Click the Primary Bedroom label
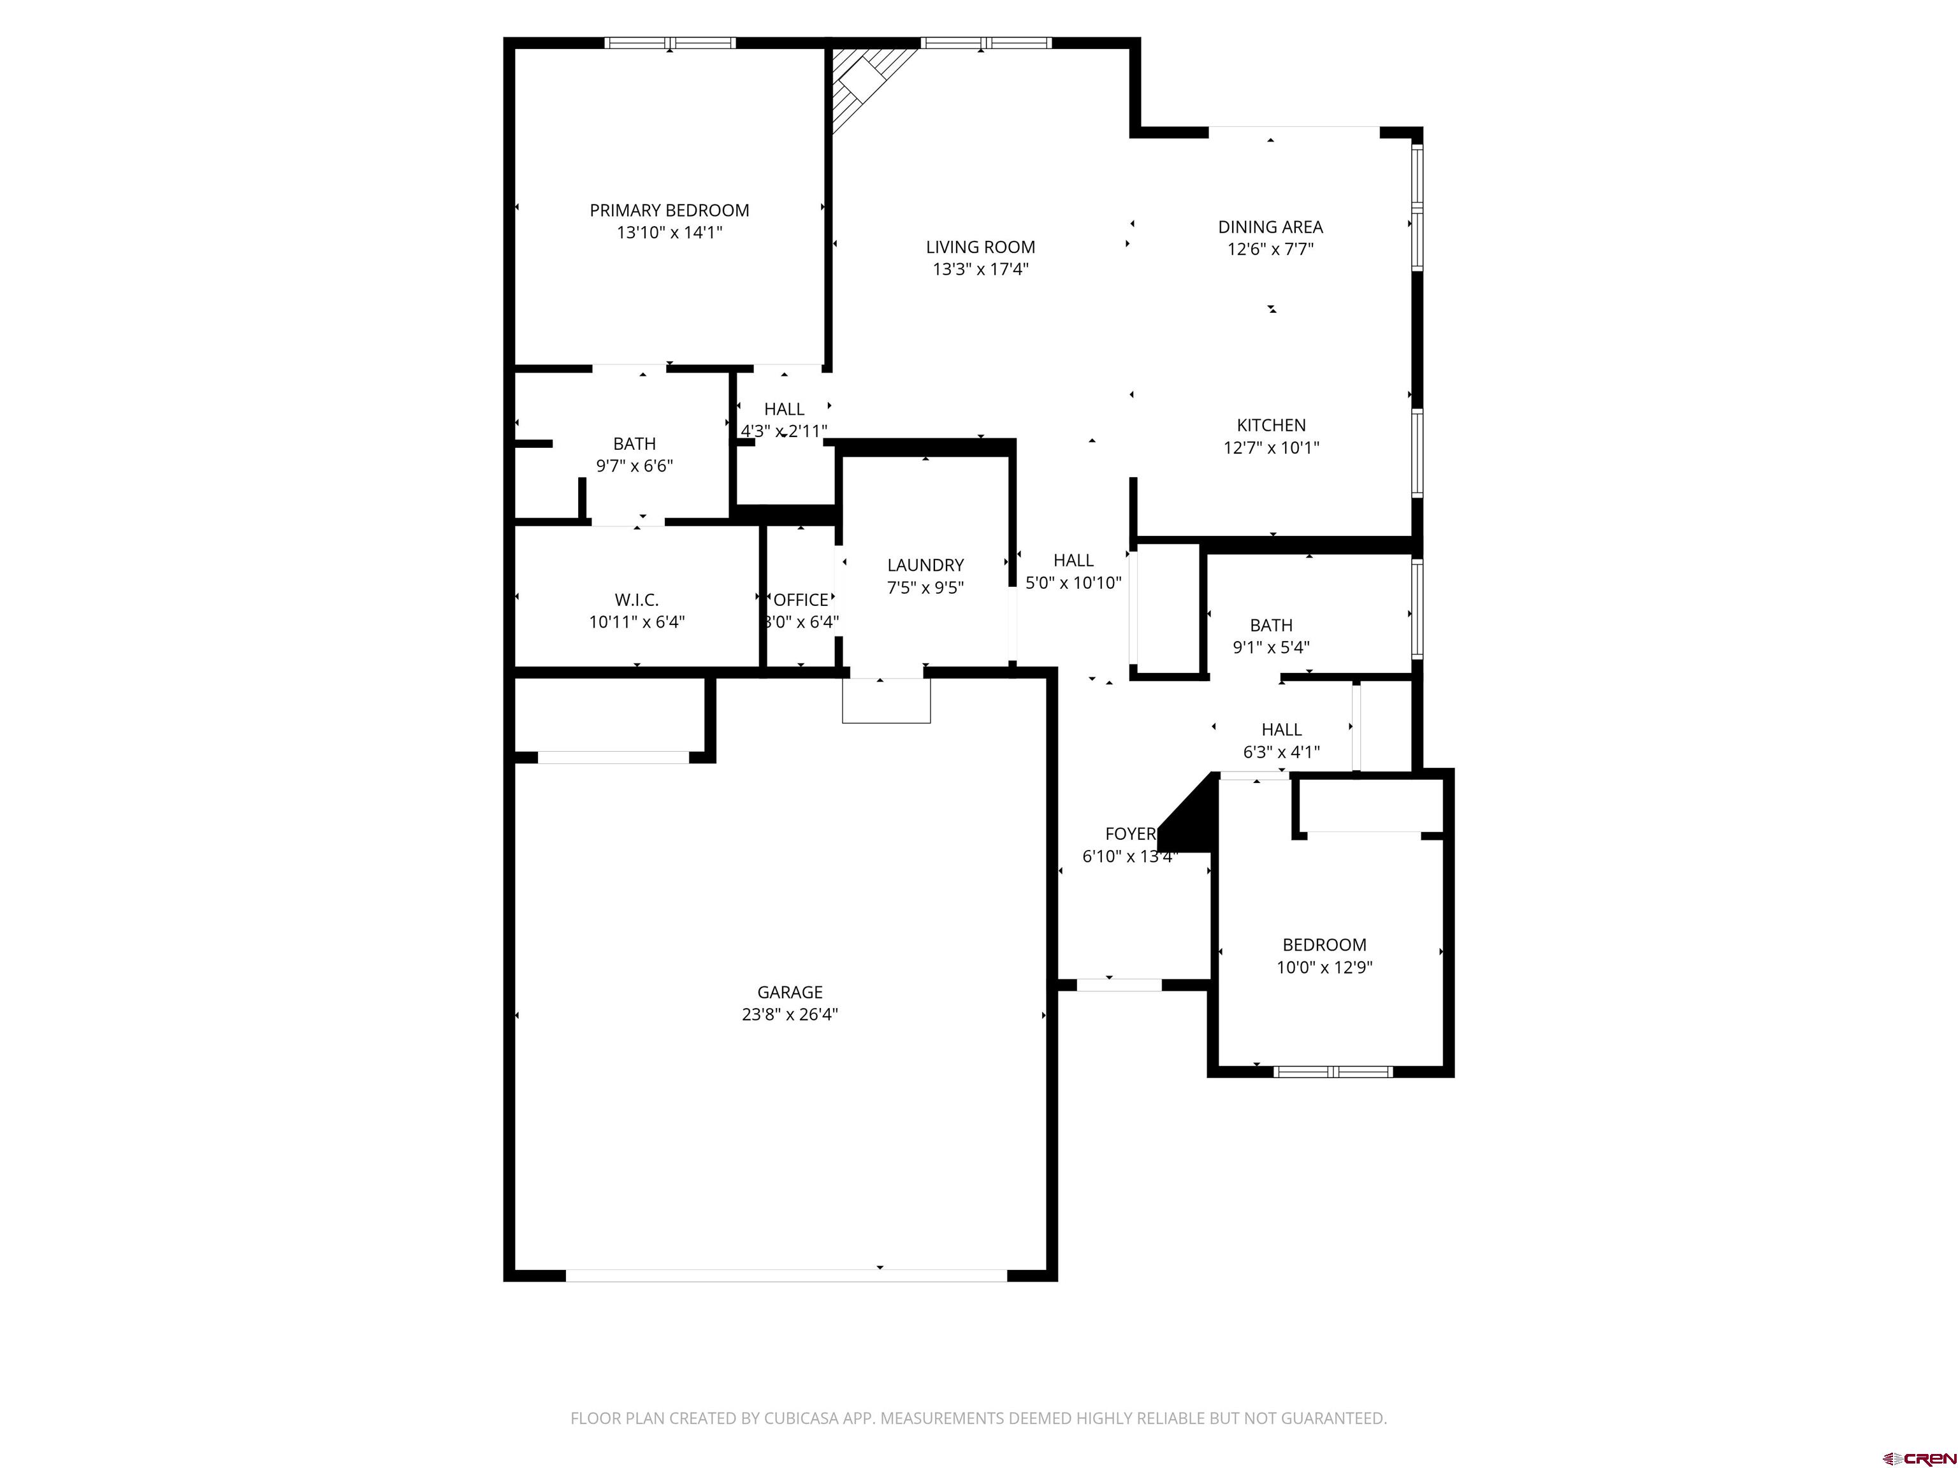coord(669,211)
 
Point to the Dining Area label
coord(1270,227)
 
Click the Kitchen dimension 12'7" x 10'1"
coord(1271,448)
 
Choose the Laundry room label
coord(925,565)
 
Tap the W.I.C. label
coord(637,600)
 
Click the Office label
coord(801,600)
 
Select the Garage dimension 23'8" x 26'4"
coord(790,1014)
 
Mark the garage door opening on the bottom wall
coord(786,1275)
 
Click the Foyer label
coord(1130,833)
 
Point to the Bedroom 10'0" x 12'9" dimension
coord(1324,967)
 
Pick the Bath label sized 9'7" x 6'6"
coord(635,443)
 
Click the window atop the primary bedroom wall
coord(670,43)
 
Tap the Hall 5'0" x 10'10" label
coord(1073,560)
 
